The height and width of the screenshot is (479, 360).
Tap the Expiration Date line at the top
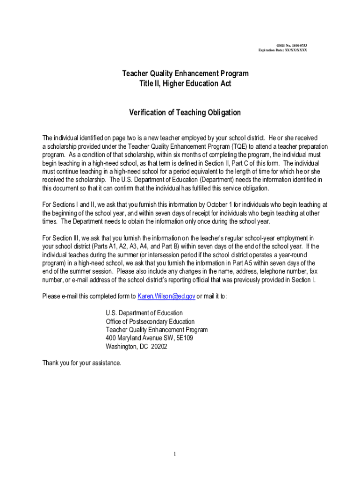tap(282, 50)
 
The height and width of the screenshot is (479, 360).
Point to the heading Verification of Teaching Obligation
tap(185, 112)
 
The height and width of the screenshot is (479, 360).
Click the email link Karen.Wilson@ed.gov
tap(166, 296)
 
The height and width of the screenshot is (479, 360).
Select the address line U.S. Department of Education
tap(144, 312)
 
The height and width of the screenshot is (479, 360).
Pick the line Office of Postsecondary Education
tap(150, 321)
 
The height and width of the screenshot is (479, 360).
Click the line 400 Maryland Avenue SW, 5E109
tap(150, 338)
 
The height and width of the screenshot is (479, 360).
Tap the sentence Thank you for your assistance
tap(81, 363)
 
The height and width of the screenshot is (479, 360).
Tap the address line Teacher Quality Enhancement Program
tap(157, 330)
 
